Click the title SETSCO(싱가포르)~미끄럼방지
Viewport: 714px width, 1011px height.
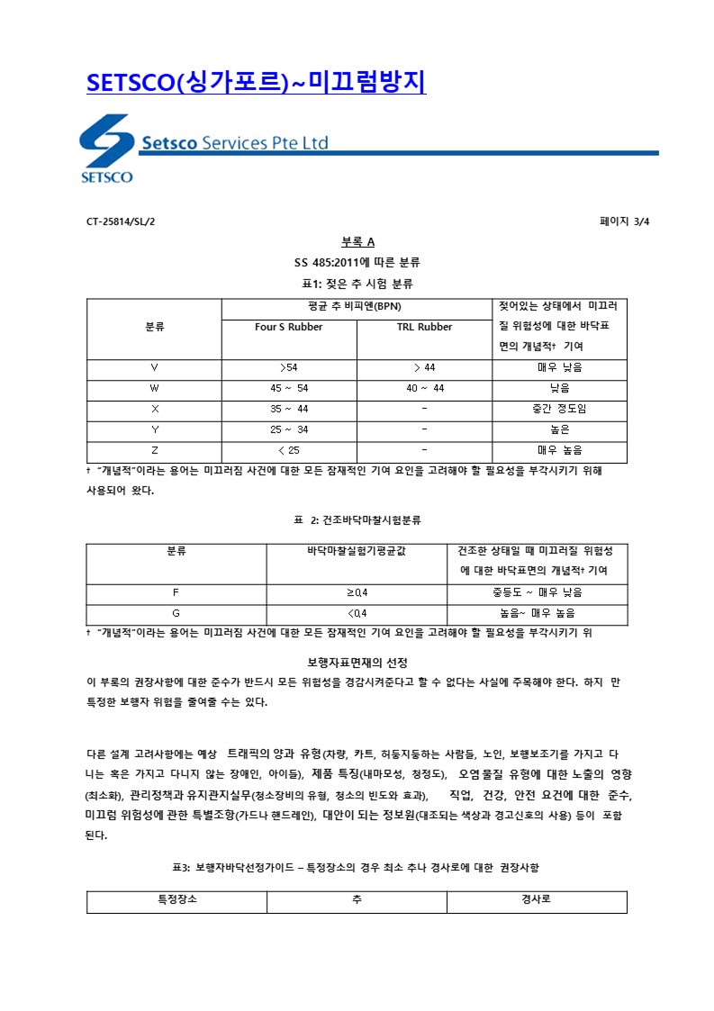256,83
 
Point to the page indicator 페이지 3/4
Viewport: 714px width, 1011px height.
624,221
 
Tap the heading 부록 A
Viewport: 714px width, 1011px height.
357,242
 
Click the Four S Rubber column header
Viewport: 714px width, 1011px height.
289,327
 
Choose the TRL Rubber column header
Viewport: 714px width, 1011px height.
424,327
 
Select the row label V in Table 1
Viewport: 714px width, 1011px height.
154,367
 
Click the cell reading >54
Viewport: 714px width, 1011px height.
289,367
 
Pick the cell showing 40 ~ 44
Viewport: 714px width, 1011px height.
424,388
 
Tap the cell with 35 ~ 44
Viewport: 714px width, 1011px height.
289,409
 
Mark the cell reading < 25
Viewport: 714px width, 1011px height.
289,450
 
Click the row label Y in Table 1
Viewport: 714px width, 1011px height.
154,429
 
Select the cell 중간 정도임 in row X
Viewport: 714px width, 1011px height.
559,409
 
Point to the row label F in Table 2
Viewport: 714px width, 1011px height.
176,592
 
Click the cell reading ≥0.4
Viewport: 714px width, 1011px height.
357,592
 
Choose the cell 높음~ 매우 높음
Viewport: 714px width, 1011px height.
537,613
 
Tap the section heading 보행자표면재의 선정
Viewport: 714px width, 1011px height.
357,663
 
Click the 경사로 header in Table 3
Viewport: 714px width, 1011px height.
537,899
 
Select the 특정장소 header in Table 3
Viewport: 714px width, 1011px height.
176,899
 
